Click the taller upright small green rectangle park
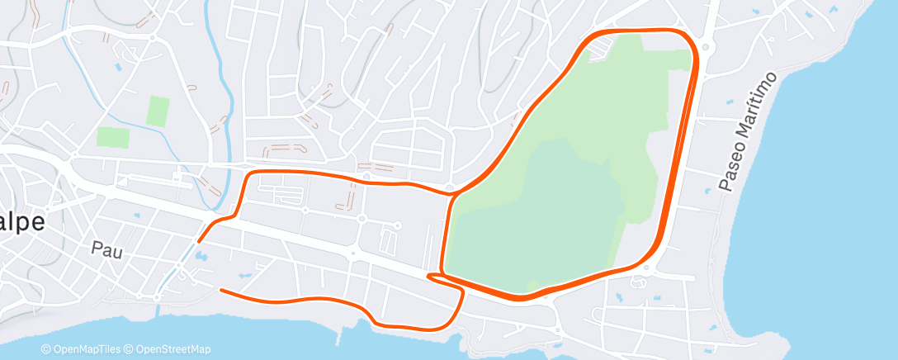pos(158,111)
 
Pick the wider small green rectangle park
pos(113,137)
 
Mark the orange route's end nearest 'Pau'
pos(199,241)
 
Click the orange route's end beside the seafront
pos(221,290)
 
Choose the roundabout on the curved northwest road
pos(153,37)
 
